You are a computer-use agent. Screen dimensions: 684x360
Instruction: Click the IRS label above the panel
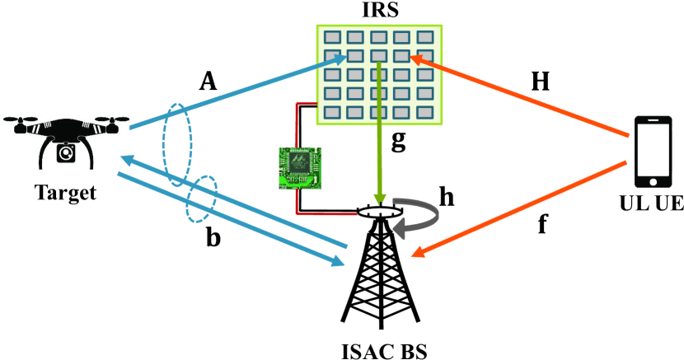[x=380, y=12]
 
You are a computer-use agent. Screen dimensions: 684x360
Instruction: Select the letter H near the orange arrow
[x=540, y=81]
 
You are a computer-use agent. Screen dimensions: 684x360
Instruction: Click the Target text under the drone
[x=65, y=194]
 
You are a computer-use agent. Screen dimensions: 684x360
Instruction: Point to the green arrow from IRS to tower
[x=379, y=132]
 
